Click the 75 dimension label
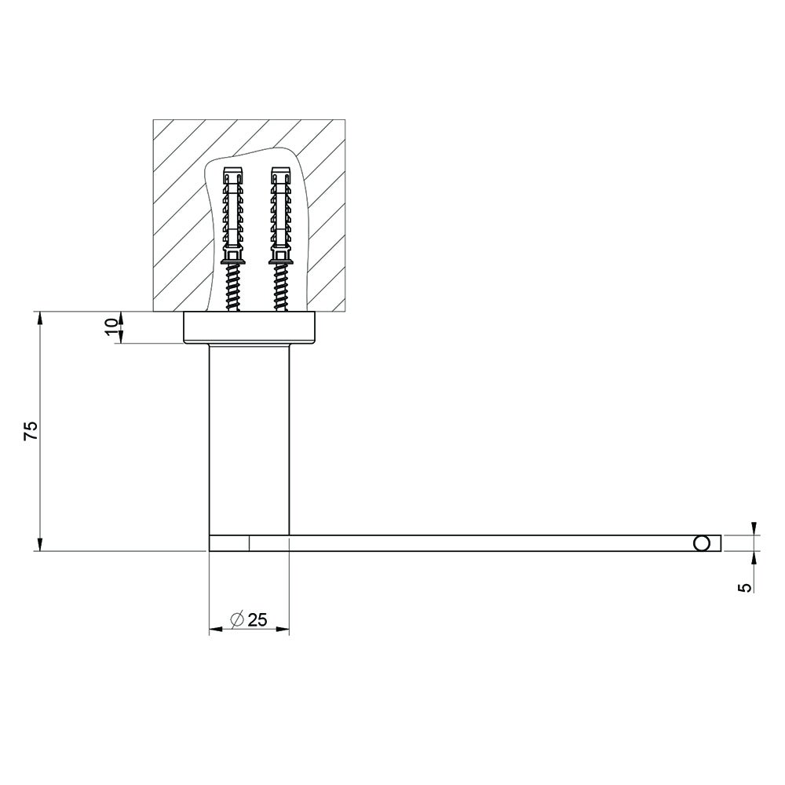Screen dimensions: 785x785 [31, 430]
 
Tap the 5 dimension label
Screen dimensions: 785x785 [746, 586]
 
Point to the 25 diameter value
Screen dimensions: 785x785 [257, 620]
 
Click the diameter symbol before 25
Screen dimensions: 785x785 [237, 620]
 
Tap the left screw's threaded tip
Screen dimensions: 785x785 [233, 287]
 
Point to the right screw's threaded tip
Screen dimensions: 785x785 [281, 287]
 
